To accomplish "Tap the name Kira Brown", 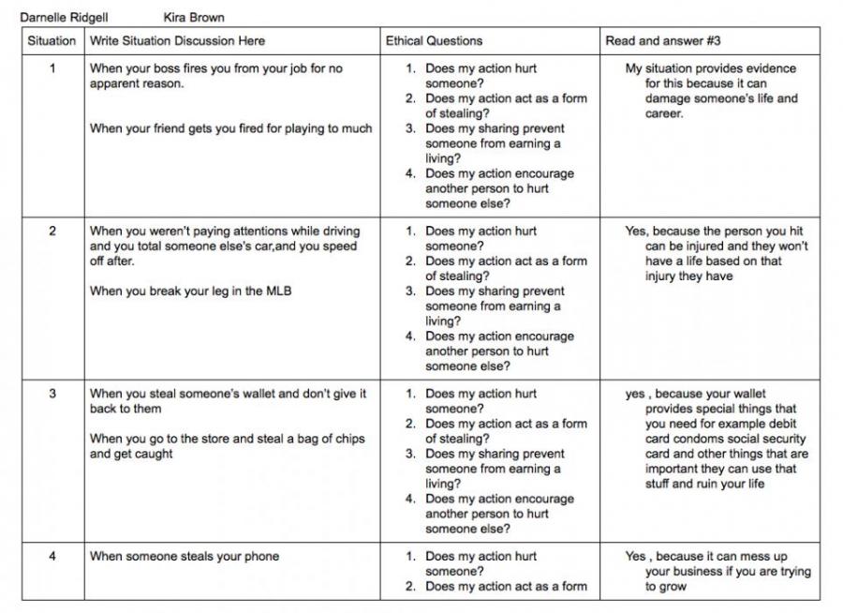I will pyautogui.click(x=194, y=17).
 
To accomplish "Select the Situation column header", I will pyautogui.click(x=52, y=41).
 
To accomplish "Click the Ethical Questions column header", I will pyautogui.click(x=434, y=41).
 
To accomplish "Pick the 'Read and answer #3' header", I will pyautogui.click(x=662, y=41).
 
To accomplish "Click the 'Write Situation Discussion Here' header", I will pyautogui.click(x=177, y=41).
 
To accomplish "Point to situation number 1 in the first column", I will pyautogui.click(x=52, y=68).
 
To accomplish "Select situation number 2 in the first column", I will pyautogui.click(x=52, y=232).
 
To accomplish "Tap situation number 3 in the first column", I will pyautogui.click(x=52, y=394).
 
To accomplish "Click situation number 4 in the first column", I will pyautogui.click(x=52, y=557).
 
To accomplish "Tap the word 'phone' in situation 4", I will pyautogui.click(x=263, y=557).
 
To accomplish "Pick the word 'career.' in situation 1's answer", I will pyautogui.click(x=664, y=113).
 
